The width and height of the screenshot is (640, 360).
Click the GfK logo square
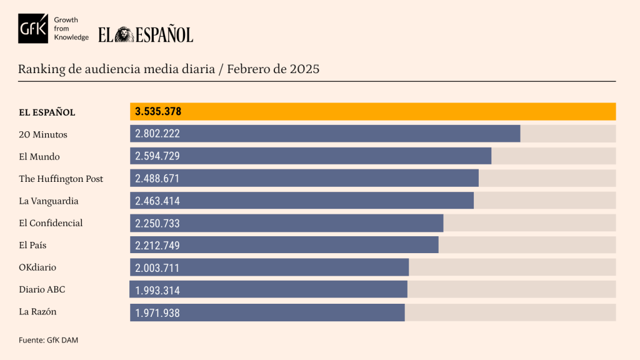(32, 29)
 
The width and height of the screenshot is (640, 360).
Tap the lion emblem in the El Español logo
(124, 34)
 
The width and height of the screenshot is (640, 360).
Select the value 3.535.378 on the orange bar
(158, 112)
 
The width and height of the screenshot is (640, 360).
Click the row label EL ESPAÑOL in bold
(47, 112)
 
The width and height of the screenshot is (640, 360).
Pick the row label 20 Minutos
(43, 134)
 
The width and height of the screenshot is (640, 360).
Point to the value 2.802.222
(157, 134)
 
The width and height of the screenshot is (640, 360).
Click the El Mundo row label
(39, 157)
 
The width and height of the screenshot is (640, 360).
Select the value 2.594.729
(157, 156)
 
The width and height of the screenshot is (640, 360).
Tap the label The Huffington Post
(61, 179)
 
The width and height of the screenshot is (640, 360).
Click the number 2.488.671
(157, 179)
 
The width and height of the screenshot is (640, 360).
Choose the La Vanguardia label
(49, 201)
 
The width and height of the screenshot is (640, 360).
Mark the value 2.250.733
(157, 223)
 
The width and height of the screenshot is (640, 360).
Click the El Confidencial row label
(51, 223)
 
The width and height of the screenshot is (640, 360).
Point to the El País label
(32, 246)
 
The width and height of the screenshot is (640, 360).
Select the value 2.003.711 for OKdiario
(157, 268)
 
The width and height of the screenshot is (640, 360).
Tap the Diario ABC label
(42, 289)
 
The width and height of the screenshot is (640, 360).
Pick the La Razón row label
(38, 311)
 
